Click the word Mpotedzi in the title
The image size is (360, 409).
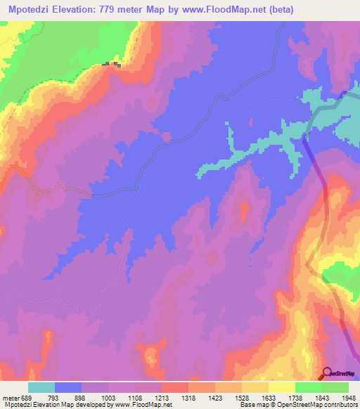(30, 10)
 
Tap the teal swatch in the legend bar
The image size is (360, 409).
(41, 387)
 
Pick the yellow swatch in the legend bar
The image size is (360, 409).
(282, 387)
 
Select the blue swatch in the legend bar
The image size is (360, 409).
(68, 387)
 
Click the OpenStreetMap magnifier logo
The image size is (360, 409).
(327, 374)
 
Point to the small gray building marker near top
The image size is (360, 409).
(111, 65)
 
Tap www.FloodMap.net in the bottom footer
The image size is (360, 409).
(143, 404)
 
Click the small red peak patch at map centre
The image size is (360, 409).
(244, 209)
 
